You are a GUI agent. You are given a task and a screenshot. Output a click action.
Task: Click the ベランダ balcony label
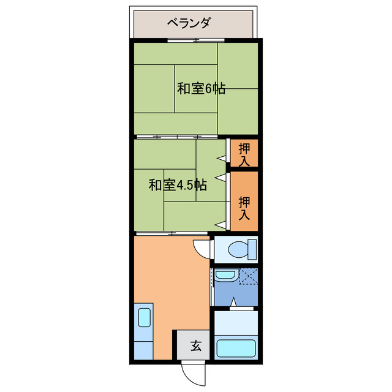pos(189,23)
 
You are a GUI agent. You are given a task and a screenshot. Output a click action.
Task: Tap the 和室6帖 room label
pos(201,88)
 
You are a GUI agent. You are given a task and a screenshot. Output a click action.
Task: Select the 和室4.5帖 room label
pos(177,185)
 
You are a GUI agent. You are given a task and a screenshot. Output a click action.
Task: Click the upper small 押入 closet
pos(244,154)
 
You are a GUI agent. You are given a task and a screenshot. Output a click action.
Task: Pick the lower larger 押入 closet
pos(244,202)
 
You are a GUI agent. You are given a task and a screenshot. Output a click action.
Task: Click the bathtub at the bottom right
pos(236,347)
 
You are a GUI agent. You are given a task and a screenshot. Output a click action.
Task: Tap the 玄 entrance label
pos(195,346)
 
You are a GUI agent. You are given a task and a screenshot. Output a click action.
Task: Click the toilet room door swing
pos(202,247)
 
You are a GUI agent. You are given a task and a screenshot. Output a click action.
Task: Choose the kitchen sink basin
pos(144,318)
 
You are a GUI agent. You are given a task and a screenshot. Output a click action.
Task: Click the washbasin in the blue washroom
pos(225,275)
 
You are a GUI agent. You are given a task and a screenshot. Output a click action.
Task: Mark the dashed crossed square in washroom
pos(248,276)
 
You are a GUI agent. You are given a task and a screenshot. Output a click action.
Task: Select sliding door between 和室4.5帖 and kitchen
pos(171,233)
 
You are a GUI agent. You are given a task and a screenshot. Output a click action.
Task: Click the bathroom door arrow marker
pos(235,302)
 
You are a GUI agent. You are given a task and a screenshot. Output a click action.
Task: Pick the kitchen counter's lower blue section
pos(142,349)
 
